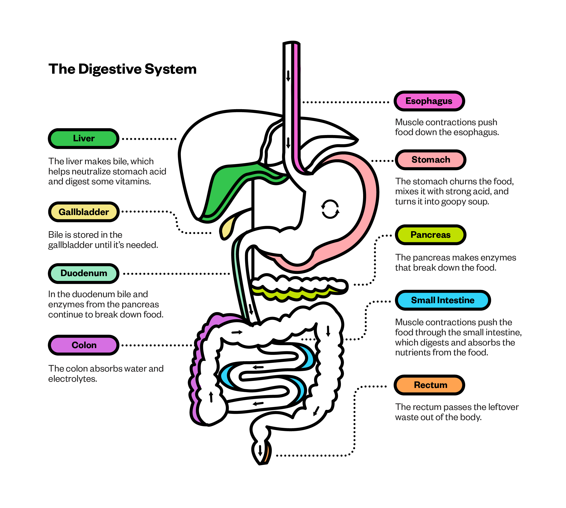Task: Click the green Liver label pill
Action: coord(83,138)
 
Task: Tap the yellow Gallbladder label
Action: coord(84,212)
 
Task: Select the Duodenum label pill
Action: coord(84,273)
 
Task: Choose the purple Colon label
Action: coord(84,345)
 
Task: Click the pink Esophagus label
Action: coord(429,101)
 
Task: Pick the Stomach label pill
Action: coord(430,160)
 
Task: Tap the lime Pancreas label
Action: coord(430,235)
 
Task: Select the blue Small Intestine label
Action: coord(442,300)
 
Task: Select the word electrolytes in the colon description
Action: coord(72,379)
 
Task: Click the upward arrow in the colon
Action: coord(211,397)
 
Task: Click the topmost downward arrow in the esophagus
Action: coord(288,76)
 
